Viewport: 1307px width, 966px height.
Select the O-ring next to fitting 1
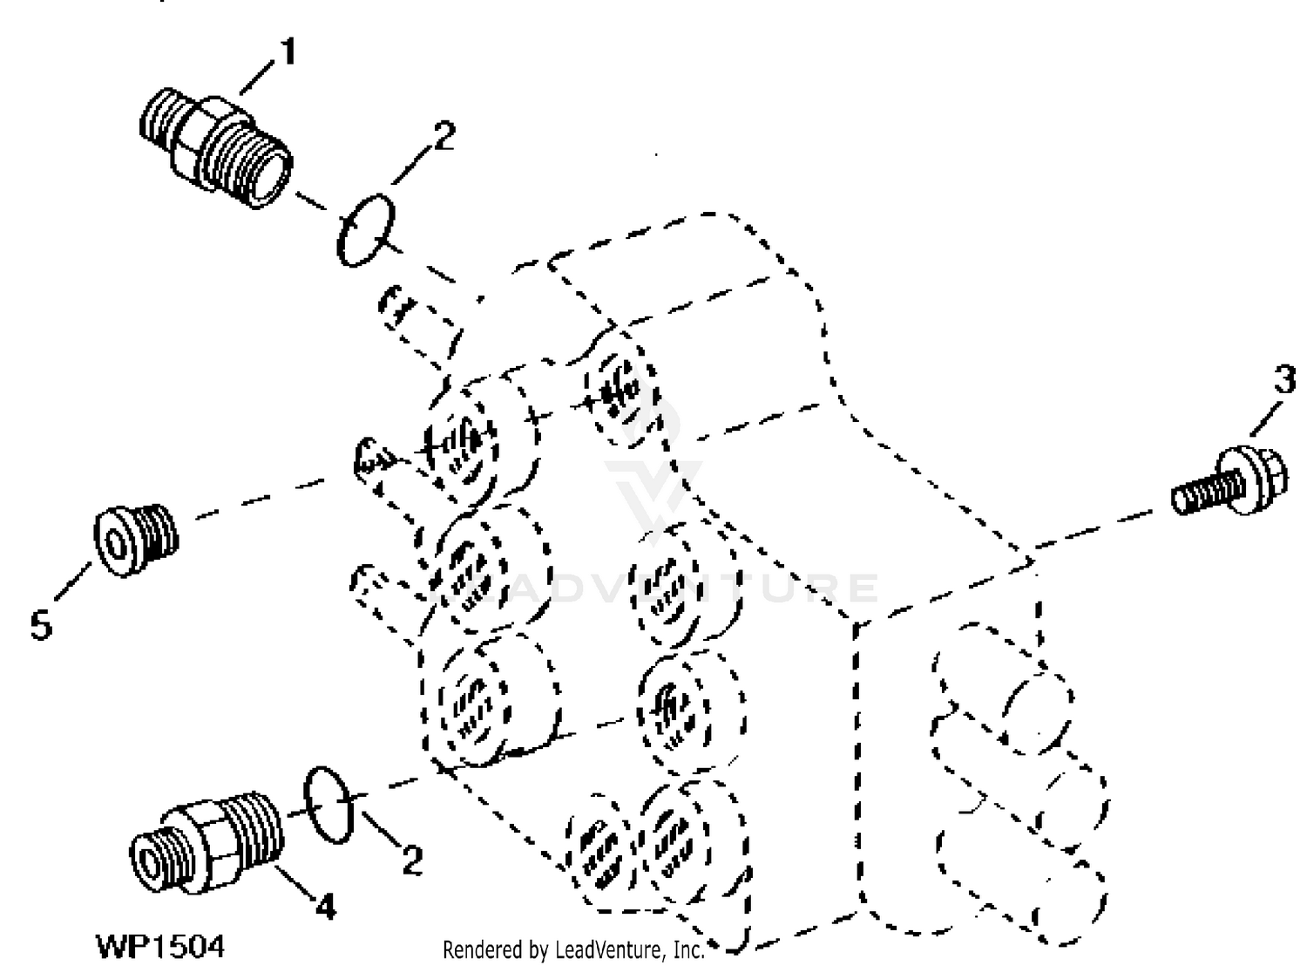point(365,230)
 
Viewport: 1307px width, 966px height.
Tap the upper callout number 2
point(444,136)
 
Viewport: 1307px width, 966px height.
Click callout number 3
point(1284,378)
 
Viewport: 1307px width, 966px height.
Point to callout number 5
point(41,625)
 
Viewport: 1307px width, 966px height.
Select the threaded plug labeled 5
point(136,540)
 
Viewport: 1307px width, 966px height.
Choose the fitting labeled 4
point(207,843)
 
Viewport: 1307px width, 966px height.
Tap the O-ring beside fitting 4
point(328,805)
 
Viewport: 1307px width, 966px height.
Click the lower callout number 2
point(412,861)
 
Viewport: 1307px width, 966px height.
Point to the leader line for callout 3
point(1266,418)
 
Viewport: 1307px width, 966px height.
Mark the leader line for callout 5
point(73,582)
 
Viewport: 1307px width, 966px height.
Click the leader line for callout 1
point(258,78)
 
